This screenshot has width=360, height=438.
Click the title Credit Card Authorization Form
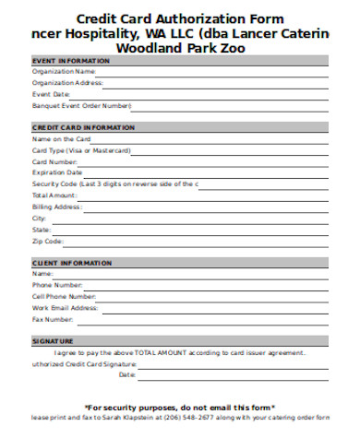point(180,18)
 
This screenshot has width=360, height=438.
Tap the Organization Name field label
point(64,70)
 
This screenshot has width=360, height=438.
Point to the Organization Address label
point(67,82)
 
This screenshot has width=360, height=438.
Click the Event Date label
point(52,94)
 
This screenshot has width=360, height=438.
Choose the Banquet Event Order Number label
point(76,106)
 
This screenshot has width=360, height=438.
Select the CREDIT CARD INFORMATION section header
point(77,127)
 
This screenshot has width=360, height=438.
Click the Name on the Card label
point(62,138)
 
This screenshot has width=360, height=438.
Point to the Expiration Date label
point(57,172)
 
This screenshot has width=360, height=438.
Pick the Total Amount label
point(54,195)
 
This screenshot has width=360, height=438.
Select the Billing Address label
point(57,207)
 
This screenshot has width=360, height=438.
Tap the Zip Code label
point(49,241)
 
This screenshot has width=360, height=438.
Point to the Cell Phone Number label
point(64,296)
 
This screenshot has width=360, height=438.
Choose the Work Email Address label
point(65,308)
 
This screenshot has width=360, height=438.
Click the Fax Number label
point(53,319)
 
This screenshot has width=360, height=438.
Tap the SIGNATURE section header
point(54,341)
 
